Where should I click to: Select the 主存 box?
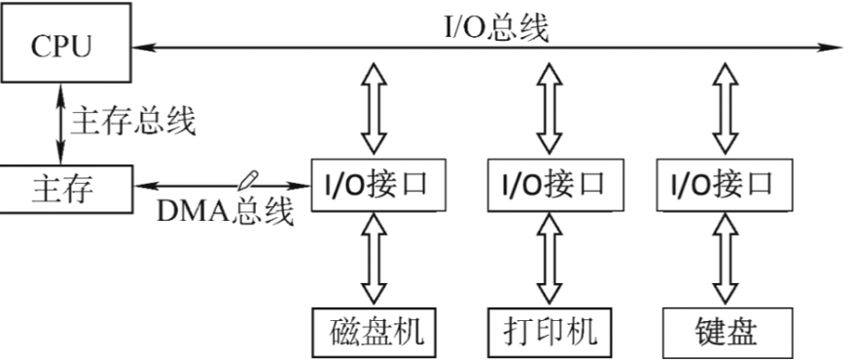pos(63,187)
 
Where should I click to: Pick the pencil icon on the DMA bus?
pos(249,180)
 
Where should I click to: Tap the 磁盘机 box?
pos(374,331)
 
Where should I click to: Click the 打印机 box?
pos(551,331)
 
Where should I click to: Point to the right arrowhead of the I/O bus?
pos(836,46)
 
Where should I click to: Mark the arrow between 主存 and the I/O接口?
pos(219,183)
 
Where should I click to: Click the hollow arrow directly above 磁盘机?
pos(374,257)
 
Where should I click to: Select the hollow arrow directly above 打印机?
pos(551,257)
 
